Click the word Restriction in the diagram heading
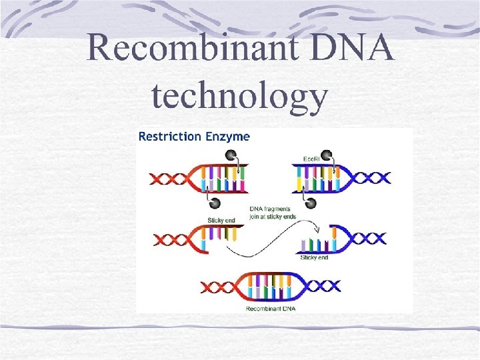pyautogui.click(x=169, y=137)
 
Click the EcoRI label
pyautogui.click(x=311, y=160)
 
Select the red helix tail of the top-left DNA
pyautogui.click(x=167, y=179)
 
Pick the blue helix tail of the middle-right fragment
pyautogui.click(x=369, y=238)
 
